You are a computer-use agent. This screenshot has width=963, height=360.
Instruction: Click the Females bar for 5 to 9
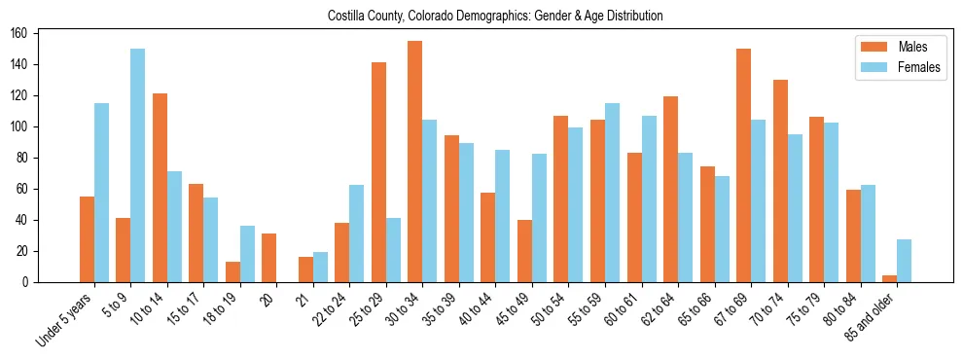[137, 165]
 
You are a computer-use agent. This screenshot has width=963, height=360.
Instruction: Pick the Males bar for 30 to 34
[415, 162]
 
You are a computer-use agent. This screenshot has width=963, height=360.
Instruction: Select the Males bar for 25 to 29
[378, 172]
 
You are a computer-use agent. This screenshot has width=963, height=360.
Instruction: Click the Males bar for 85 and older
[889, 278]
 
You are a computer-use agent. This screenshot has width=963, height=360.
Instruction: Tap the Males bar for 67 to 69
[743, 165]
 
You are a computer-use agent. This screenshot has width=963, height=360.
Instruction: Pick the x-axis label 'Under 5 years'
[65, 319]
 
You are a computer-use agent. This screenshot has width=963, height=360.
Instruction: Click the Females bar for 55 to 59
[612, 193]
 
